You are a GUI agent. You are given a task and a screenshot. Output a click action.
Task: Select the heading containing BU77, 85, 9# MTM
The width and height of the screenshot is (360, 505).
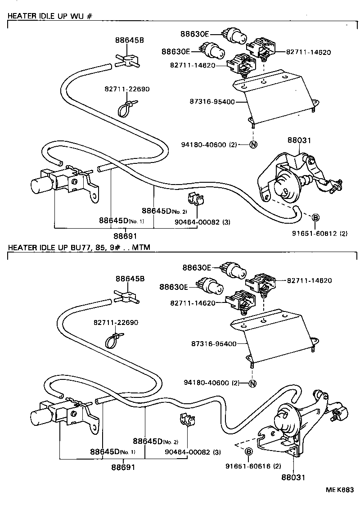(79, 247)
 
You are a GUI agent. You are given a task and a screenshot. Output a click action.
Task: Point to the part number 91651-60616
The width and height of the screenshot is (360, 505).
(249, 466)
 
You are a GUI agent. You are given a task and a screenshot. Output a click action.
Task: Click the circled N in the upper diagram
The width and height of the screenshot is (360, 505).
(253, 144)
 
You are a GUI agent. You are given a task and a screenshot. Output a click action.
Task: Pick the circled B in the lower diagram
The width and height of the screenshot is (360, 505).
(249, 451)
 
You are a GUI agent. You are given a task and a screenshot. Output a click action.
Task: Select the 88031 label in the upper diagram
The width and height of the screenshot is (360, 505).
(299, 140)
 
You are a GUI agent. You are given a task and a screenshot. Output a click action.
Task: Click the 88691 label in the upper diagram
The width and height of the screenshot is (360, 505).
(125, 236)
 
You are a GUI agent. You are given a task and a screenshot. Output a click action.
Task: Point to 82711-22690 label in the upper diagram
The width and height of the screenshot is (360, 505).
(128, 89)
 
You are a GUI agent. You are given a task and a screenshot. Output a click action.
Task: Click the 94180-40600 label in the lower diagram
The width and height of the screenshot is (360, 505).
(211, 383)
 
